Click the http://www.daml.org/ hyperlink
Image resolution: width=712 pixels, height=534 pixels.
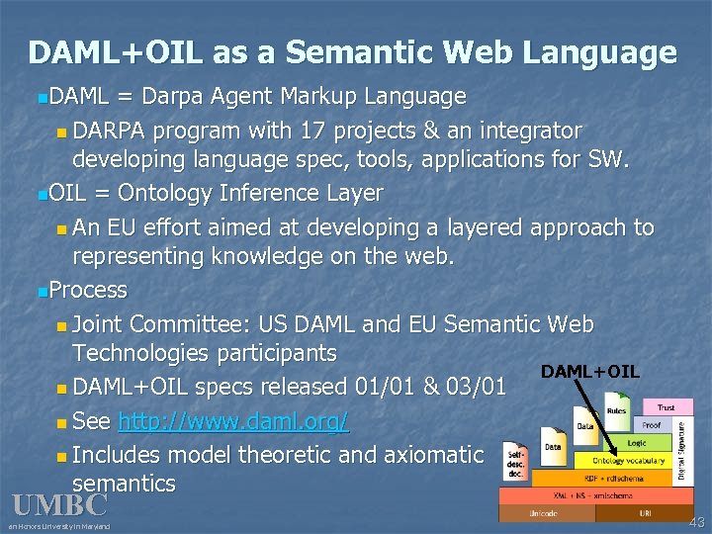232,422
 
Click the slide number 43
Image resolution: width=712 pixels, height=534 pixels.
698,521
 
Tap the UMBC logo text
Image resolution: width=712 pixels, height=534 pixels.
59,505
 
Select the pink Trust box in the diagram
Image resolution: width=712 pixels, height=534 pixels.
667,406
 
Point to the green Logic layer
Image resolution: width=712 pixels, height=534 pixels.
637,444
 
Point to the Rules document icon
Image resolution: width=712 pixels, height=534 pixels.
615,411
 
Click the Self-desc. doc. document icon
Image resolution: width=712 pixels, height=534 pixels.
515,463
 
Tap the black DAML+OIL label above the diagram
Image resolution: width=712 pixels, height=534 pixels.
589,372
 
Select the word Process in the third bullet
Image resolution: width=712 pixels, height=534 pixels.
88,291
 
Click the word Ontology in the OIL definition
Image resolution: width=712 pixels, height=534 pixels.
146,193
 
